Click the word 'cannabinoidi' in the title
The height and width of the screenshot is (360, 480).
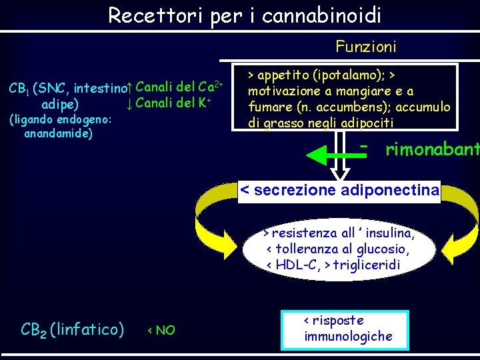pos(322,15)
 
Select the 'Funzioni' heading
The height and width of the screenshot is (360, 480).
pos(366,47)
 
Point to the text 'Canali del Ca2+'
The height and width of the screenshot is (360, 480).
pos(183,87)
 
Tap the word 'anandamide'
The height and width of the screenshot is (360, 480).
pos(58,133)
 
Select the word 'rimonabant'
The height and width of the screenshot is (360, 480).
pos(432,150)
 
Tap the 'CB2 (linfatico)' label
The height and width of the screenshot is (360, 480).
pos(73,329)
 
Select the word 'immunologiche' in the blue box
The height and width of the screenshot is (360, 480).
pos(348,337)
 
